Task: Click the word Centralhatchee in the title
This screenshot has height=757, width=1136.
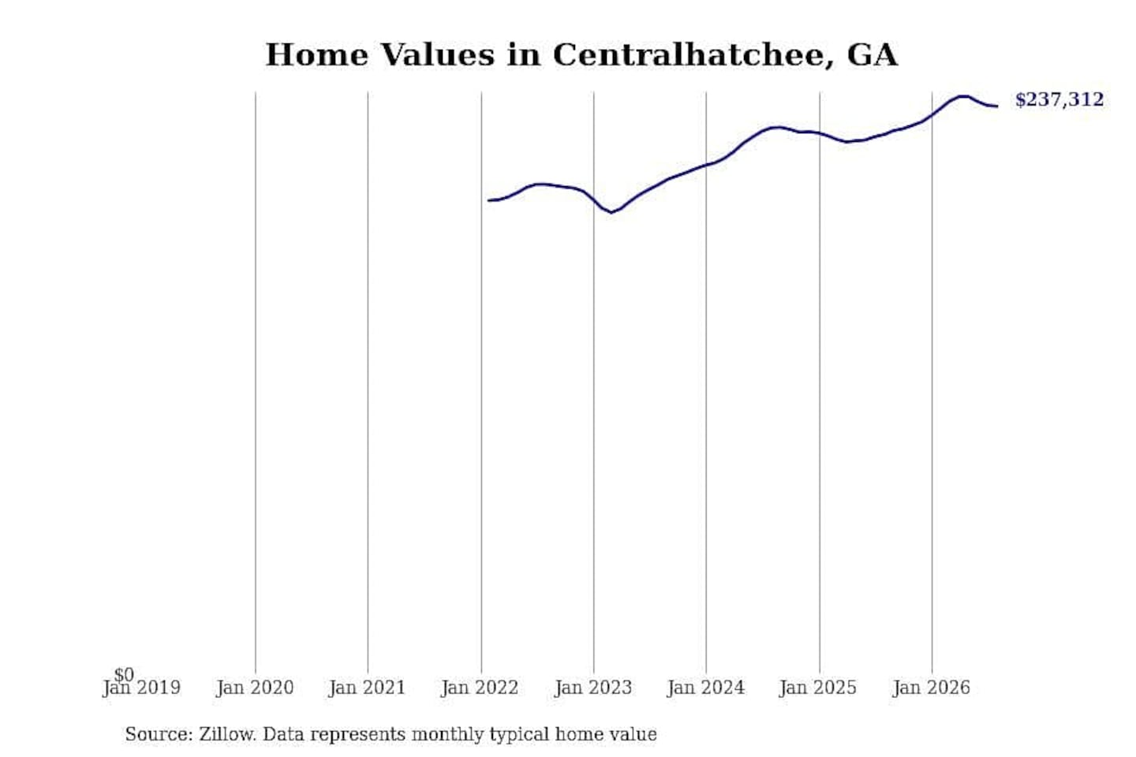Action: [x=693, y=54]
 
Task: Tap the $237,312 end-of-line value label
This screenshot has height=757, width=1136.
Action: [x=1059, y=99]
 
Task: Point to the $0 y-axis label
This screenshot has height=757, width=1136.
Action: [x=124, y=674]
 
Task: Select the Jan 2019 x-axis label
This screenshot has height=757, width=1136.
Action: [x=141, y=688]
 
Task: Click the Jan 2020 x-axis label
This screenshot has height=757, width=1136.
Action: [x=255, y=688]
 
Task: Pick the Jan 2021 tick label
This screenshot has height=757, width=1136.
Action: [x=367, y=688]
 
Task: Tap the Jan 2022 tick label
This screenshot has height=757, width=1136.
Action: [x=480, y=688]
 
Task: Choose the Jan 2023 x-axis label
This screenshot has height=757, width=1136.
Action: [x=593, y=688]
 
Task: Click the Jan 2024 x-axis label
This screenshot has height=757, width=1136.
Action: [x=706, y=688]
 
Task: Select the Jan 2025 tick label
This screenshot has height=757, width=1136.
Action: [x=818, y=688]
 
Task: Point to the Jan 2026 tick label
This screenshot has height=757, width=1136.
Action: [x=931, y=688]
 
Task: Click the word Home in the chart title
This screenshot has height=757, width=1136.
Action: [x=317, y=54]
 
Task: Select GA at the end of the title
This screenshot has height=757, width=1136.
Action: [x=873, y=54]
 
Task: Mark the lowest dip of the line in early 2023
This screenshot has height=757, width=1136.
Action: [x=611, y=212]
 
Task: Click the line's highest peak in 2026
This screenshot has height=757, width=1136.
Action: [x=963, y=96]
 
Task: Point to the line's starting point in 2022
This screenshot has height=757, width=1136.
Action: [x=488, y=200]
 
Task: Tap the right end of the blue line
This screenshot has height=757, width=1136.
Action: [x=997, y=106]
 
